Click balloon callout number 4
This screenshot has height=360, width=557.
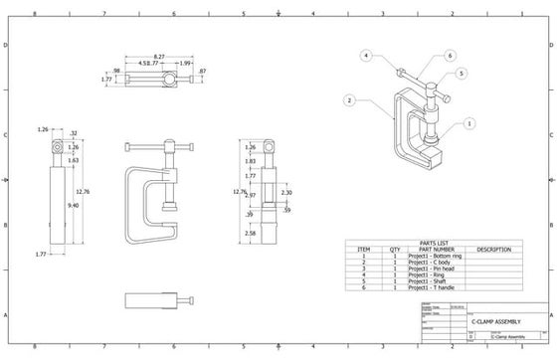pos(366,55)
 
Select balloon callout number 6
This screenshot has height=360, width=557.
pos(450,56)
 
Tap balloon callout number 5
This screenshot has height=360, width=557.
pos(462,73)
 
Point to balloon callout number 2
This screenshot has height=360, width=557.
pos(350,100)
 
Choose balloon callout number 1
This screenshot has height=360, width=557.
pos(467,124)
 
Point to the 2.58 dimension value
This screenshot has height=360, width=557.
pos(250,234)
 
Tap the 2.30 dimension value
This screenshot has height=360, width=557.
pos(286,192)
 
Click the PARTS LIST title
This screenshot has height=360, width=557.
pos(432,241)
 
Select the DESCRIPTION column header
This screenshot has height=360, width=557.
pos(493,249)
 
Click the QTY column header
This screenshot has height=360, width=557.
pos(394,249)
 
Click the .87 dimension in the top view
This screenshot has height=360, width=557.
pos(202,72)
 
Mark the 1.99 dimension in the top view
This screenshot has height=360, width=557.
pos(185,64)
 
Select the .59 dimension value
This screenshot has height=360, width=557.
pos(286,210)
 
